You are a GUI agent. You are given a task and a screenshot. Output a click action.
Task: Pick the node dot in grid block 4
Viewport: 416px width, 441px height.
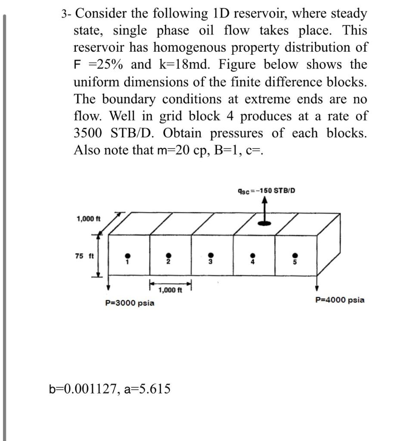[x=253, y=254]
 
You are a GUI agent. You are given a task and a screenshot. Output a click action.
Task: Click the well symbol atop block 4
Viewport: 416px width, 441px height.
[x=264, y=223]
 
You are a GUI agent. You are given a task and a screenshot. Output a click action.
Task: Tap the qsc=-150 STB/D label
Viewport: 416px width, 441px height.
[x=267, y=190]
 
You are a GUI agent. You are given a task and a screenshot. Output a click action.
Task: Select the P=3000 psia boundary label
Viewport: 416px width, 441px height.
[x=130, y=303]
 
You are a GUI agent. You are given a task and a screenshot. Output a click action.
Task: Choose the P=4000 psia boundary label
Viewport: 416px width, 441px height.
[x=339, y=300]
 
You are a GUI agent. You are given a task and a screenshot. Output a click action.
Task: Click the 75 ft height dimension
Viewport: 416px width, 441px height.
[x=84, y=256]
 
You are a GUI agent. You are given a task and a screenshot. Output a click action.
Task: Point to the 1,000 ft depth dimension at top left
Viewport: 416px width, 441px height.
[x=88, y=219]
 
